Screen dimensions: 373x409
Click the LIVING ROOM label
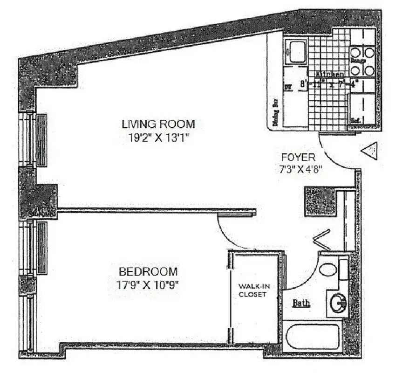158,124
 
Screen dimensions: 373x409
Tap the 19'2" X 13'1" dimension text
158,138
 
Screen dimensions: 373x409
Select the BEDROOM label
148,271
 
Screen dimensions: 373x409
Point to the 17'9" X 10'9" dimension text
148,285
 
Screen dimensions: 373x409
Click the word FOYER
298,157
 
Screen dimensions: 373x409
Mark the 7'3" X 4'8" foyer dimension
298,170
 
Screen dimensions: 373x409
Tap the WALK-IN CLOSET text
253,290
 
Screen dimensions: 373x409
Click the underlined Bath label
301,304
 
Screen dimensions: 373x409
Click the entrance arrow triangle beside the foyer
370,151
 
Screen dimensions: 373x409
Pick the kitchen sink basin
295,52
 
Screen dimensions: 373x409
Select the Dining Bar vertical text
275,112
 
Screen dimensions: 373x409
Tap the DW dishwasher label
287,86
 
